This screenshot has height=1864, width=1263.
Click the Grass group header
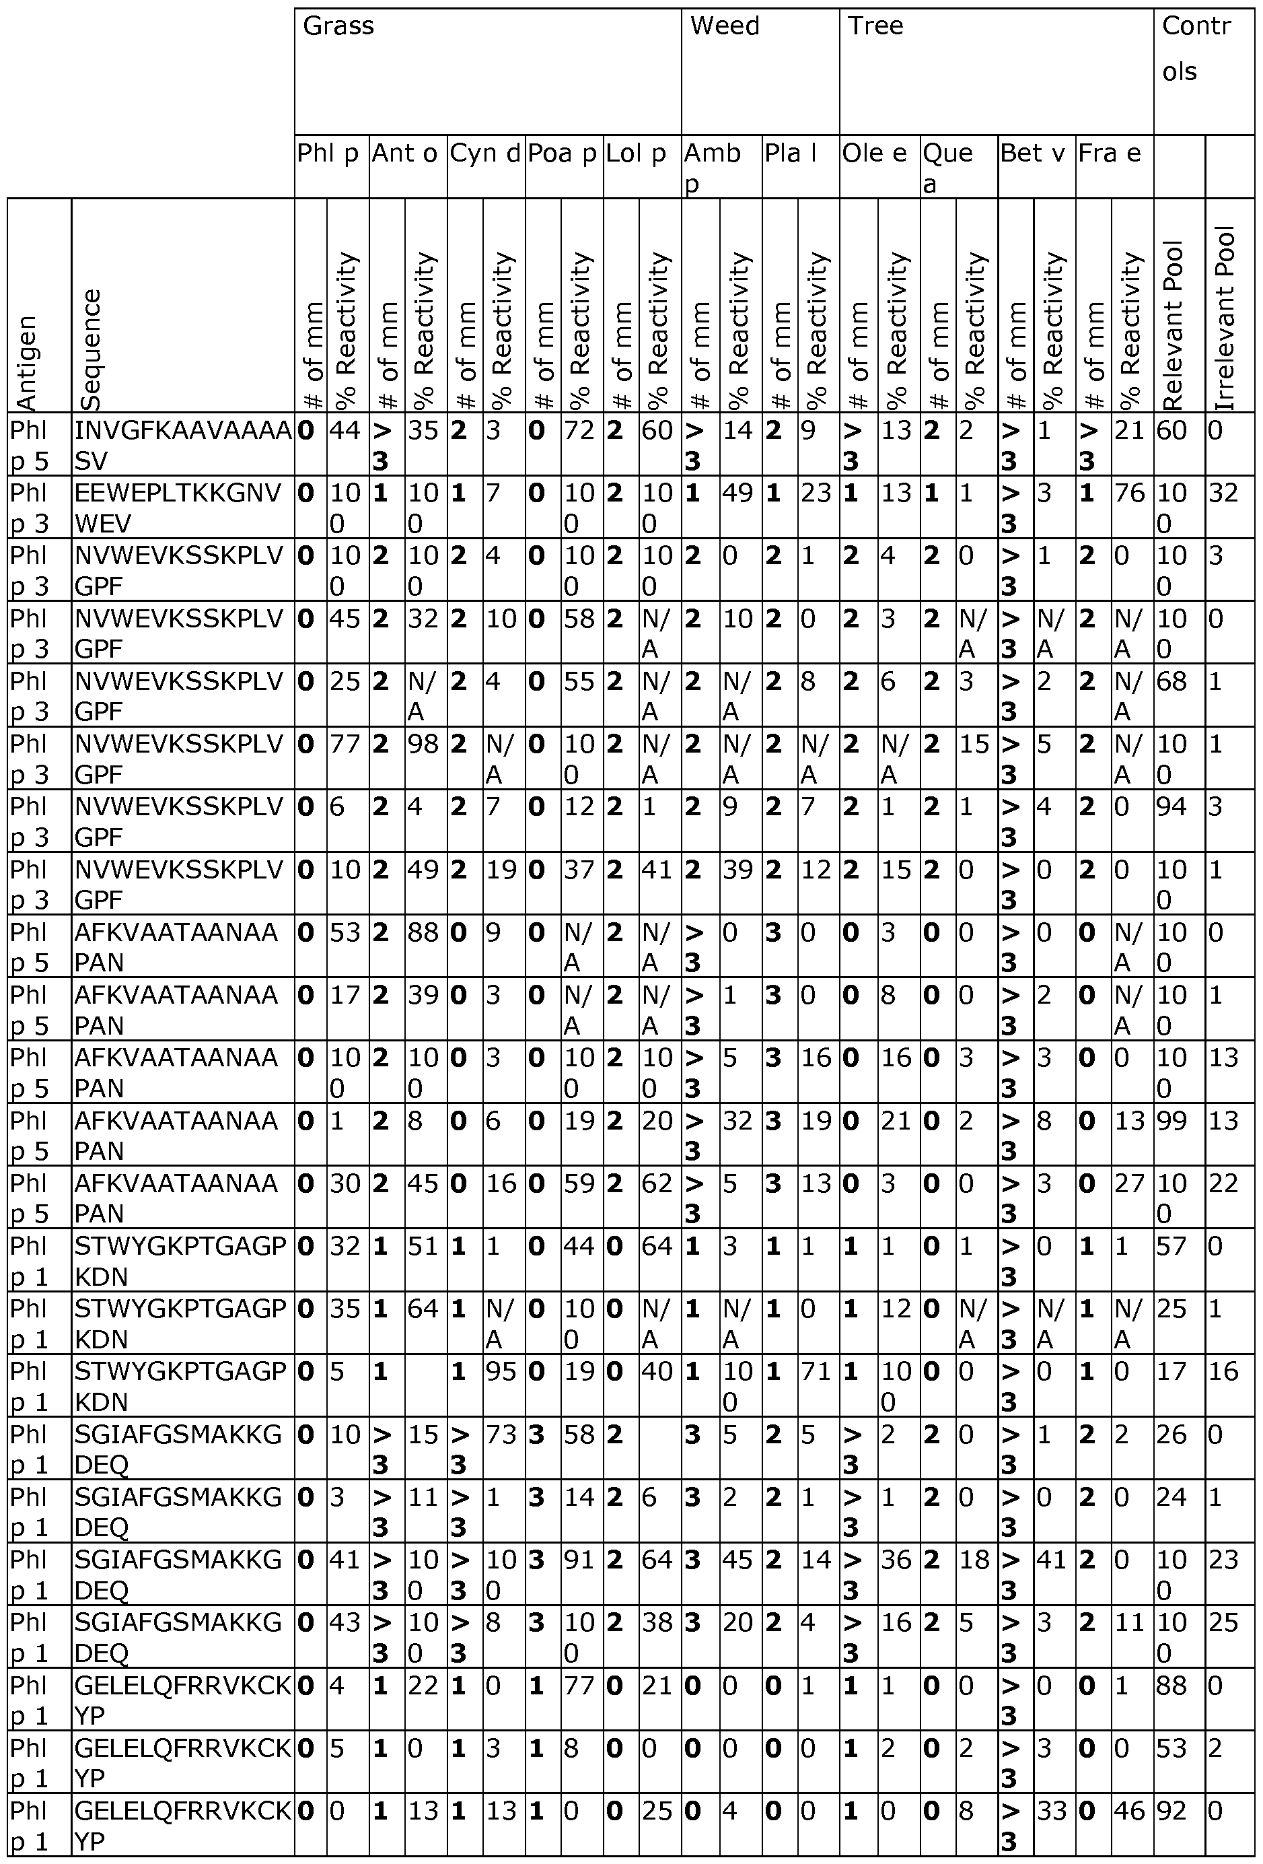pyautogui.click(x=338, y=26)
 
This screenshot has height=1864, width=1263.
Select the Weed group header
pyautogui.click(x=724, y=26)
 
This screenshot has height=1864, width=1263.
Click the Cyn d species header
pyautogui.click(x=485, y=153)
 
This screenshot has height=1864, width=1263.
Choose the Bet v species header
pyautogui.click(x=1033, y=153)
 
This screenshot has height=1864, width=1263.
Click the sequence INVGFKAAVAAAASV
pyautogui.click(x=183, y=445)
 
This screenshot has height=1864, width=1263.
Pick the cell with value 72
pyautogui.click(x=580, y=431)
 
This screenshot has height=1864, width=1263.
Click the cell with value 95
pyautogui.click(x=501, y=1371)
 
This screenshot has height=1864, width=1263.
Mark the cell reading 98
pyautogui.click(x=423, y=744)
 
